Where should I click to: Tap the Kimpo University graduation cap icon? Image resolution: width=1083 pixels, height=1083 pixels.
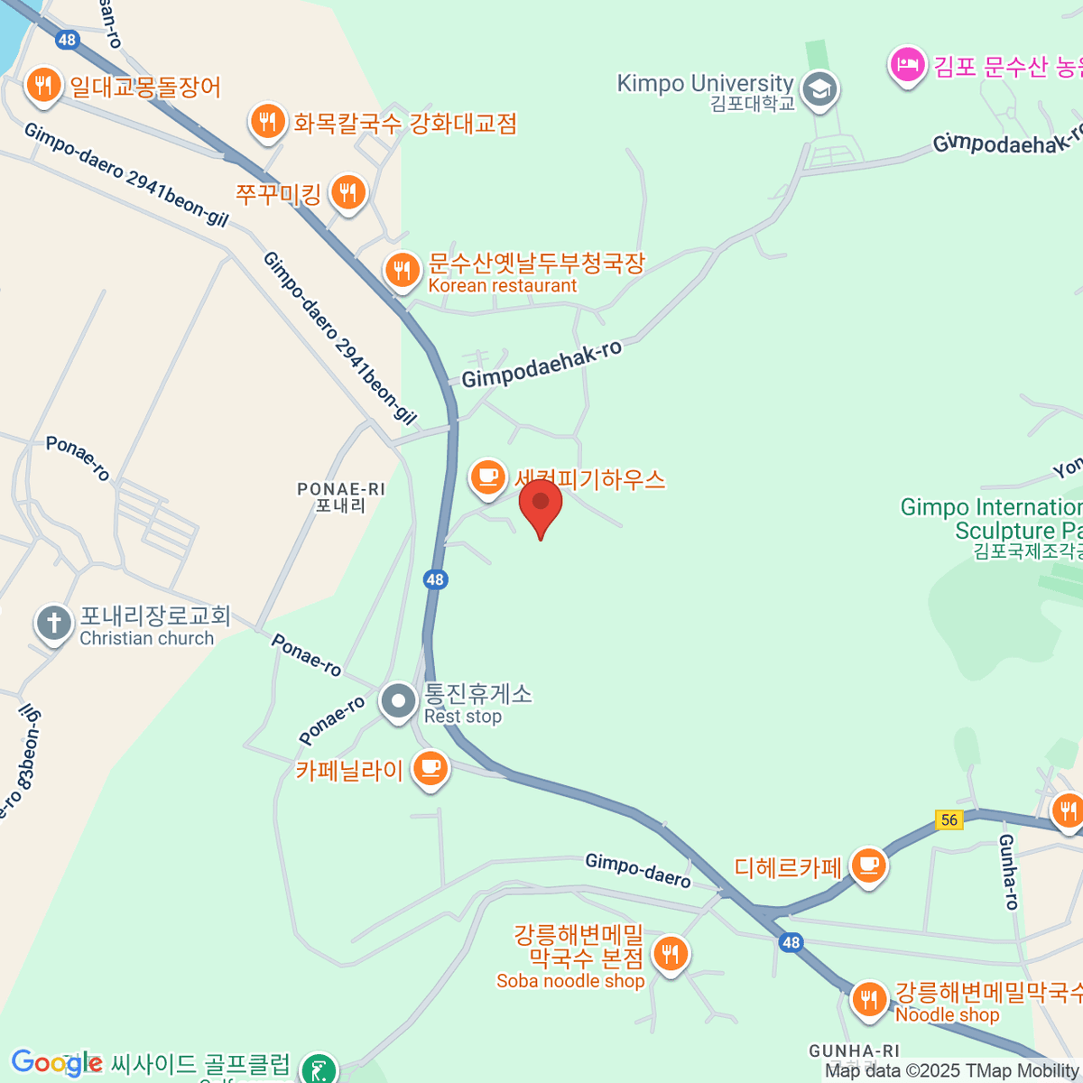819,89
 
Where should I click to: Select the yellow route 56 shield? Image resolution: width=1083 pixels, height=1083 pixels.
949,819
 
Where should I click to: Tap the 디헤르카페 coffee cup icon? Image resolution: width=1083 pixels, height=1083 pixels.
868,865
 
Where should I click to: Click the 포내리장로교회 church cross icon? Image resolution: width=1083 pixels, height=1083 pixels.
54,623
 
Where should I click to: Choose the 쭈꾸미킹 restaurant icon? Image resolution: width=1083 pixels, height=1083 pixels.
347,192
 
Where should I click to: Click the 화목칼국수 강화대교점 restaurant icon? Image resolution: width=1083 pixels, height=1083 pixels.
267,121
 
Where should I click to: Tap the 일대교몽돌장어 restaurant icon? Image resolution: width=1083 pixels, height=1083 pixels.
42,85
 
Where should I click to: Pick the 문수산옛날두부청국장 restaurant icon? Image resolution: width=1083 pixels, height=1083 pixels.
402,270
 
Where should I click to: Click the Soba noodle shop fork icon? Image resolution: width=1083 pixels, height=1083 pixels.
670,953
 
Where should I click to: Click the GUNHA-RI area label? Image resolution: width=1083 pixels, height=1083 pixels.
854,1051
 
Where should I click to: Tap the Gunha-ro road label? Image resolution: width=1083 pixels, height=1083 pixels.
1008,871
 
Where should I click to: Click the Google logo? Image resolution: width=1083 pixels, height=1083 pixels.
56,1063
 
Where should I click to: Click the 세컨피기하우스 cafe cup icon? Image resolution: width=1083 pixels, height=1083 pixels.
487,477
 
